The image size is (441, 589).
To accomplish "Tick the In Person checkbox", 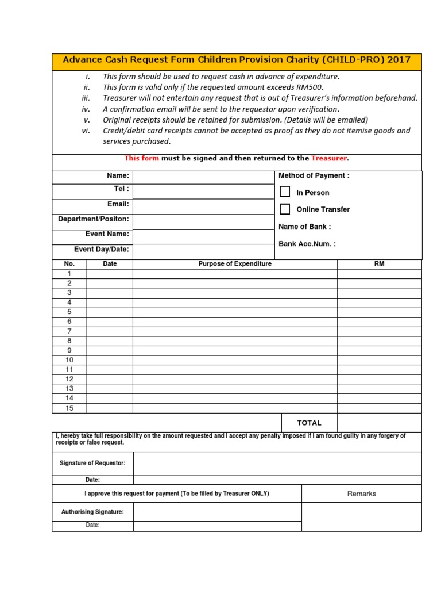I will pyautogui.click(x=285, y=192).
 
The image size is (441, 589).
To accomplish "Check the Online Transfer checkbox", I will pyautogui.click(x=285, y=209).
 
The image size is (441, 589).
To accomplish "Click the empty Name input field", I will pyautogui.click(x=202, y=177).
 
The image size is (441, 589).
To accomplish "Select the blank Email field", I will pyautogui.click(x=202, y=206).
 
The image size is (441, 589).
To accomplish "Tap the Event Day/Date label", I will pyautogui.click(x=102, y=250).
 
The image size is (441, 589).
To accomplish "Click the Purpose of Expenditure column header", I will pyautogui.click(x=235, y=264).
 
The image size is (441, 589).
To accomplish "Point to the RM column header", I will pyautogui.click(x=379, y=264).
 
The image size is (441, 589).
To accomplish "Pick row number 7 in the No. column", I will pyautogui.click(x=69, y=331).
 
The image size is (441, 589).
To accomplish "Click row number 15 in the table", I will pyautogui.click(x=69, y=408).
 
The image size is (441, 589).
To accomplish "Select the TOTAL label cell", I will pyautogui.click(x=309, y=423).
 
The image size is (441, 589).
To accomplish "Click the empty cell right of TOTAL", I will pyautogui.click(x=379, y=423).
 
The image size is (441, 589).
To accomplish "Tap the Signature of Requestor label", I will pyautogui.click(x=92, y=463).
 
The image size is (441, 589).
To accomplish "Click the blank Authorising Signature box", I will pyautogui.click(x=217, y=512).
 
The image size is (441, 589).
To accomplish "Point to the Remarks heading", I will pyautogui.click(x=362, y=494).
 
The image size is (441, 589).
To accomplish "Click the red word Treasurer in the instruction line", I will pyautogui.click(x=329, y=158).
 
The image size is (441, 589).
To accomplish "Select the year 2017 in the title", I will pyautogui.click(x=399, y=60).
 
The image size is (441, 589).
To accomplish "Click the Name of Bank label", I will pyautogui.click(x=304, y=227).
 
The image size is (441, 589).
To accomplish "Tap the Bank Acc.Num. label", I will pyautogui.click(x=307, y=244).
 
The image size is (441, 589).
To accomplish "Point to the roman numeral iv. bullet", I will pyautogui.click(x=86, y=109).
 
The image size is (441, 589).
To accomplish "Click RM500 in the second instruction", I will pyautogui.click(x=308, y=87).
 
